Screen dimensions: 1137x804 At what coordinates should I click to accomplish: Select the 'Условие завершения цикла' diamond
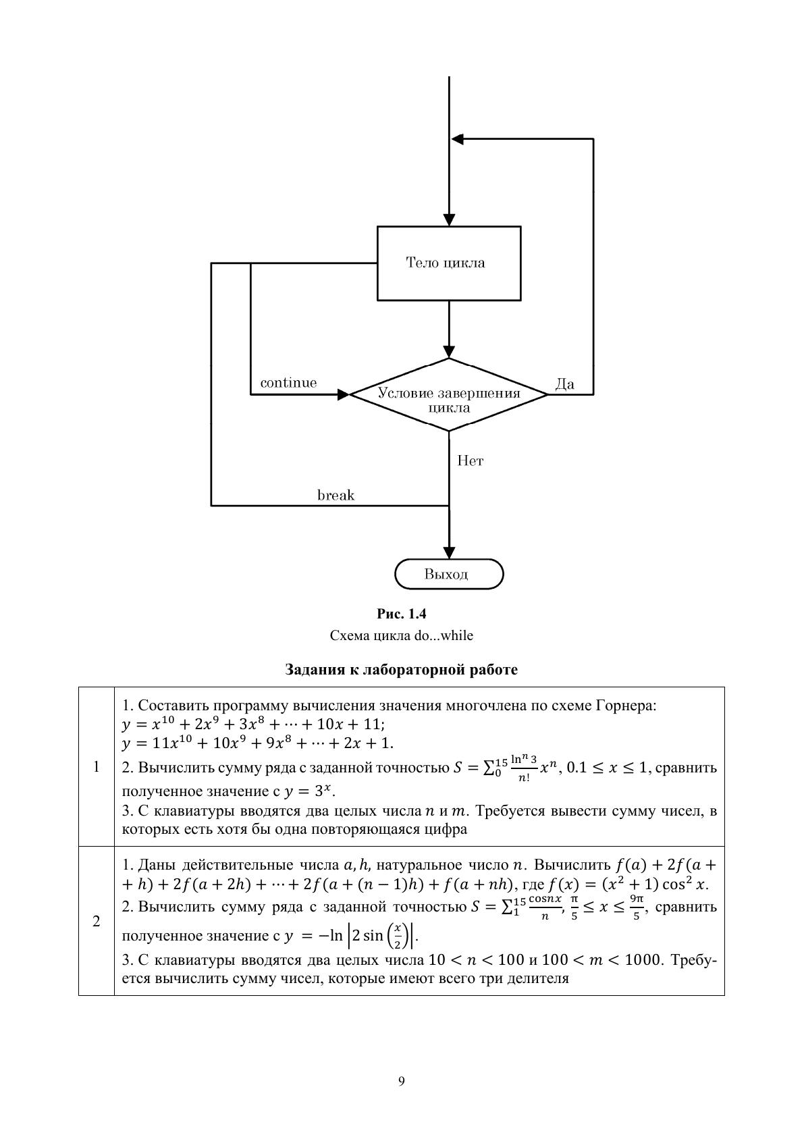click(x=449, y=395)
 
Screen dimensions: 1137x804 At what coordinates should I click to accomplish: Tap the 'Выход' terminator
click(x=449, y=575)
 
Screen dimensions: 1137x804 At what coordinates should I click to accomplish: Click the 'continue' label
click(x=288, y=383)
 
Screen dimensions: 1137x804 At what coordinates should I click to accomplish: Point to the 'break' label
click(x=336, y=496)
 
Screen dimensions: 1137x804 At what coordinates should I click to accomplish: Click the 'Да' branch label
click(x=564, y=384)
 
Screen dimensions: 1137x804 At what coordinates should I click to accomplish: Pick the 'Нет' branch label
click(x=470, y=461)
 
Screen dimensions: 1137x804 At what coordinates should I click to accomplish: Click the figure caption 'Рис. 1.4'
click(x=402, y=614)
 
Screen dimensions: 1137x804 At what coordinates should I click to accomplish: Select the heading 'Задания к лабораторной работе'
click(x=402, y=670)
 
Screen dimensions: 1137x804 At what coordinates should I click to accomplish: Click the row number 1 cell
click(x=96, y=766)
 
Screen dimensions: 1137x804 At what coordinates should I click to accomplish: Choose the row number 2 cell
click(x=96, y=921)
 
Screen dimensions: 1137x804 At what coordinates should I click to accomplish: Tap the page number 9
click(x=402, y=1081)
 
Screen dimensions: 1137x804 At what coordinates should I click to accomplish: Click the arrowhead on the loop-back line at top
click(x=458, y=139)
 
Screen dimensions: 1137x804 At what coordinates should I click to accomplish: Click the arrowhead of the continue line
click(x=343, y=395)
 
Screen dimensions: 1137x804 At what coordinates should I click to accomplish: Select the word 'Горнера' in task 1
click(x=626, y=706)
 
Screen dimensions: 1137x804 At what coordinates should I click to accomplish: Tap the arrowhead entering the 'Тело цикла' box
click(x=449, y=220)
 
